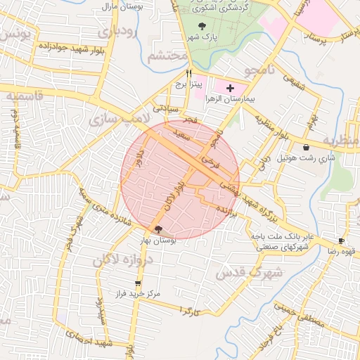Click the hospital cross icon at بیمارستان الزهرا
coord(230,89)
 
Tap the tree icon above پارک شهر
coord(203,26)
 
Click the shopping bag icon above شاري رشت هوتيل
coord(307,147)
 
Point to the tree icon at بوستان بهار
coord(158,229)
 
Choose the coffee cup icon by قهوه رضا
coord(342,240)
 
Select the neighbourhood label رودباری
coord(115,32)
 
